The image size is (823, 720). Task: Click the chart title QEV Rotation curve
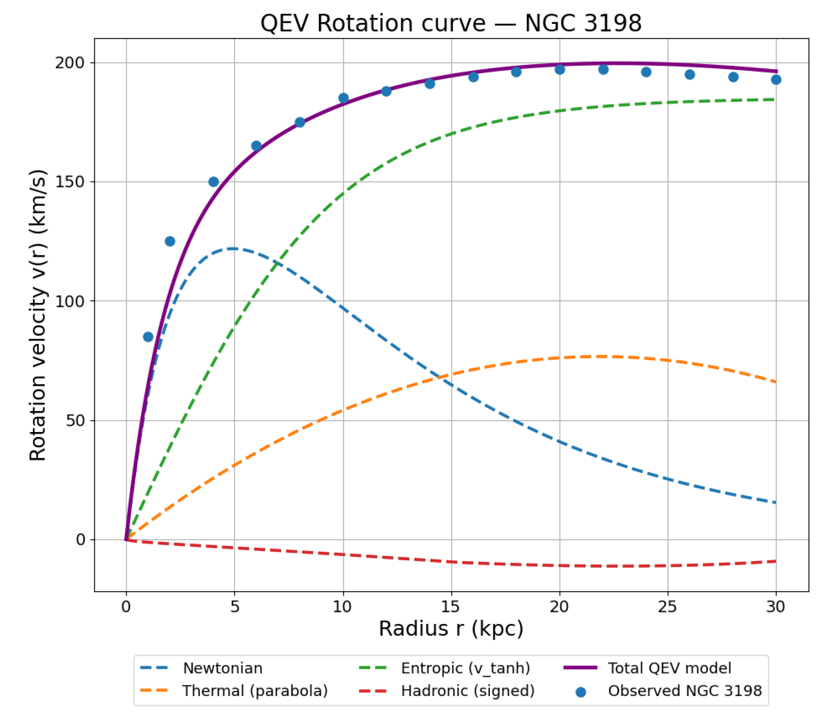[x=451, y=23]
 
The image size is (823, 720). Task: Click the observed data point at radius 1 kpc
[x=148, y=337]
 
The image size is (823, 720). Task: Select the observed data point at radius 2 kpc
[x=170, y=241]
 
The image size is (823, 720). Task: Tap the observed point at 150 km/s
[x=213, y=182]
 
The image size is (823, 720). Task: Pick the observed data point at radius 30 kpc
[x=776, y=80]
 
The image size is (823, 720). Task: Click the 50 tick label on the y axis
[x=75, y=421]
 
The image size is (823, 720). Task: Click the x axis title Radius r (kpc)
[x=451, y=629]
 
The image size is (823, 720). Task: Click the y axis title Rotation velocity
[x=38, y=316]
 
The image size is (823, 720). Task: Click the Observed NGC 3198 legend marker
[x=581, y=692]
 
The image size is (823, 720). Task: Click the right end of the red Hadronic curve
[x=775, y=561]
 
